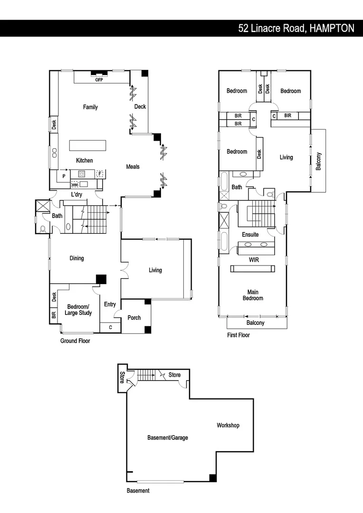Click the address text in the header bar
coord(296,28)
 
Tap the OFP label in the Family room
coord(99,80)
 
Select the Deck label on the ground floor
coord(140,107)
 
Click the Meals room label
coord(133,167)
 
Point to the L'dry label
coord(76,195)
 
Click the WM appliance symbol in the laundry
coord(75,184)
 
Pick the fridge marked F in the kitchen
coord(100,174)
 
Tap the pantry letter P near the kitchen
coord(63,176)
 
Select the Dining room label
coord(76,258)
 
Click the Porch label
coord(134,318)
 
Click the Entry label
coord(110,304)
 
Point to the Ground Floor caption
coord(75,341)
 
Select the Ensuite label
coord(250,235)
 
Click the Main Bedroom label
coord(253,295)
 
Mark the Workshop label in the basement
coord(228,426)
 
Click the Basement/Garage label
coord(167,437)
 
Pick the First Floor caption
coord(238,335)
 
